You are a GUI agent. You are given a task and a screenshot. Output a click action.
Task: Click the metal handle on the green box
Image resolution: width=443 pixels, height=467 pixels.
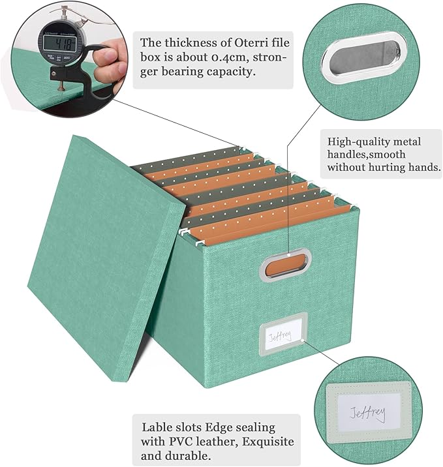tap(284, 265)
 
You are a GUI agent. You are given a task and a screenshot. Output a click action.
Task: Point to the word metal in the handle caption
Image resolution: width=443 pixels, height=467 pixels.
tap(406, 142)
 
